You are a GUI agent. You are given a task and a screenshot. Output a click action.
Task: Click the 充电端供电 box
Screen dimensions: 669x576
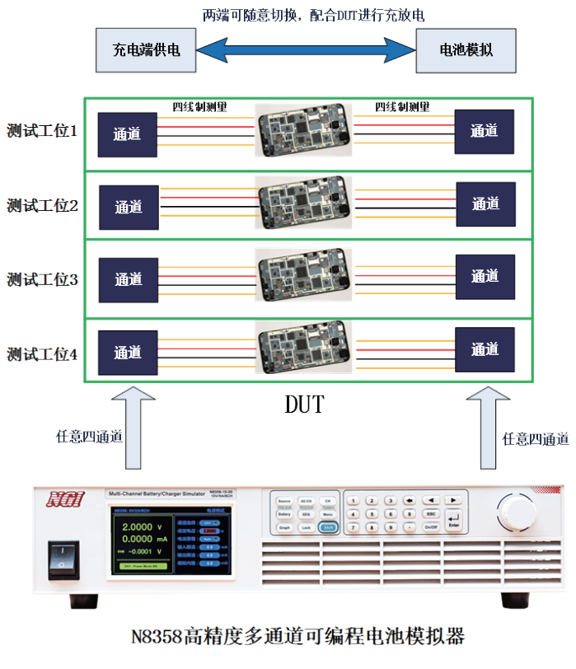click(146, 49)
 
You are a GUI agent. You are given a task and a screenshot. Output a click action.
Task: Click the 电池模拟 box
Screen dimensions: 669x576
click(466, 49)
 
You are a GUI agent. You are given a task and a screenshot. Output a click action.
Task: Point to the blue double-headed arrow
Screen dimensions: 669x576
click(306, 49)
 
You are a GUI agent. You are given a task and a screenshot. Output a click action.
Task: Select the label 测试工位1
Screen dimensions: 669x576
click(42, 130)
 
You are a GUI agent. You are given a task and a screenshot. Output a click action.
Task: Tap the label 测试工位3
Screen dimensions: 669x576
click(42, 280)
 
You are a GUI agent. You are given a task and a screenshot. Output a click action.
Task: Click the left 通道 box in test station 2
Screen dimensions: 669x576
click(129, 207)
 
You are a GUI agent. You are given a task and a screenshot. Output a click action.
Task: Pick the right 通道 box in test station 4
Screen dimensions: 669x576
click(485, 349)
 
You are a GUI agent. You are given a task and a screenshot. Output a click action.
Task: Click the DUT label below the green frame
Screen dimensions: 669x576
click(305, 405)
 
